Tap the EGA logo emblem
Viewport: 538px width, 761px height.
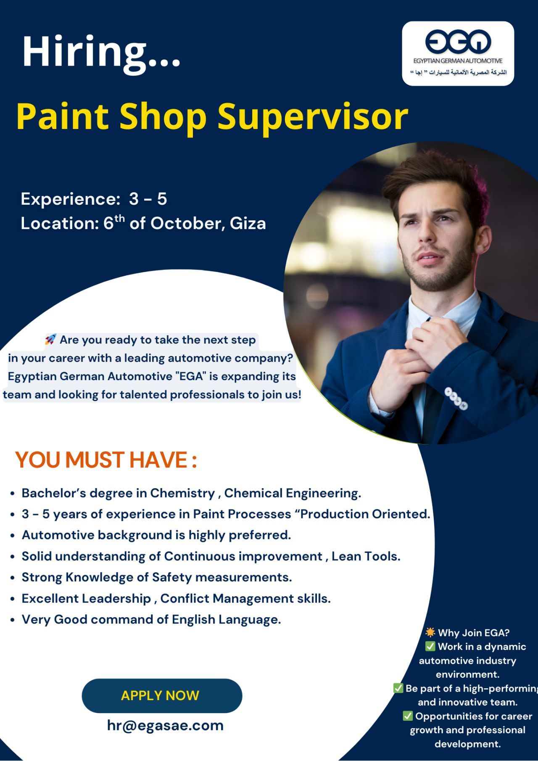[x=458, y=41]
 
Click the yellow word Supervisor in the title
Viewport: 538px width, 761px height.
[x=313, y=116]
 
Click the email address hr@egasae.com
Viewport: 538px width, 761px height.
[x=165, y=725]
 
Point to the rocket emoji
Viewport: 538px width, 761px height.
[x=50, y=339]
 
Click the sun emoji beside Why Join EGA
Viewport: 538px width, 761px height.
[x=430, y=632]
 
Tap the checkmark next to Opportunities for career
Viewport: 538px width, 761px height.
[x=408, y=716]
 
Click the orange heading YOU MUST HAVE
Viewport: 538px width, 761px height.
[x=106, y=460]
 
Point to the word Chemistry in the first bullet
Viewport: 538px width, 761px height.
[x=183, y=493]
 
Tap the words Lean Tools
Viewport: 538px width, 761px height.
[x=366, y=556]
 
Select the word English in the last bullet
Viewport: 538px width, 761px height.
[x=194, y=620]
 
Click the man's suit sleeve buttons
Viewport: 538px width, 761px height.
[x=456, y=398]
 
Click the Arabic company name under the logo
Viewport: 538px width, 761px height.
[x=459, y=72]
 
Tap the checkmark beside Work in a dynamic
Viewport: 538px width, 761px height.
[x=430, y=646]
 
